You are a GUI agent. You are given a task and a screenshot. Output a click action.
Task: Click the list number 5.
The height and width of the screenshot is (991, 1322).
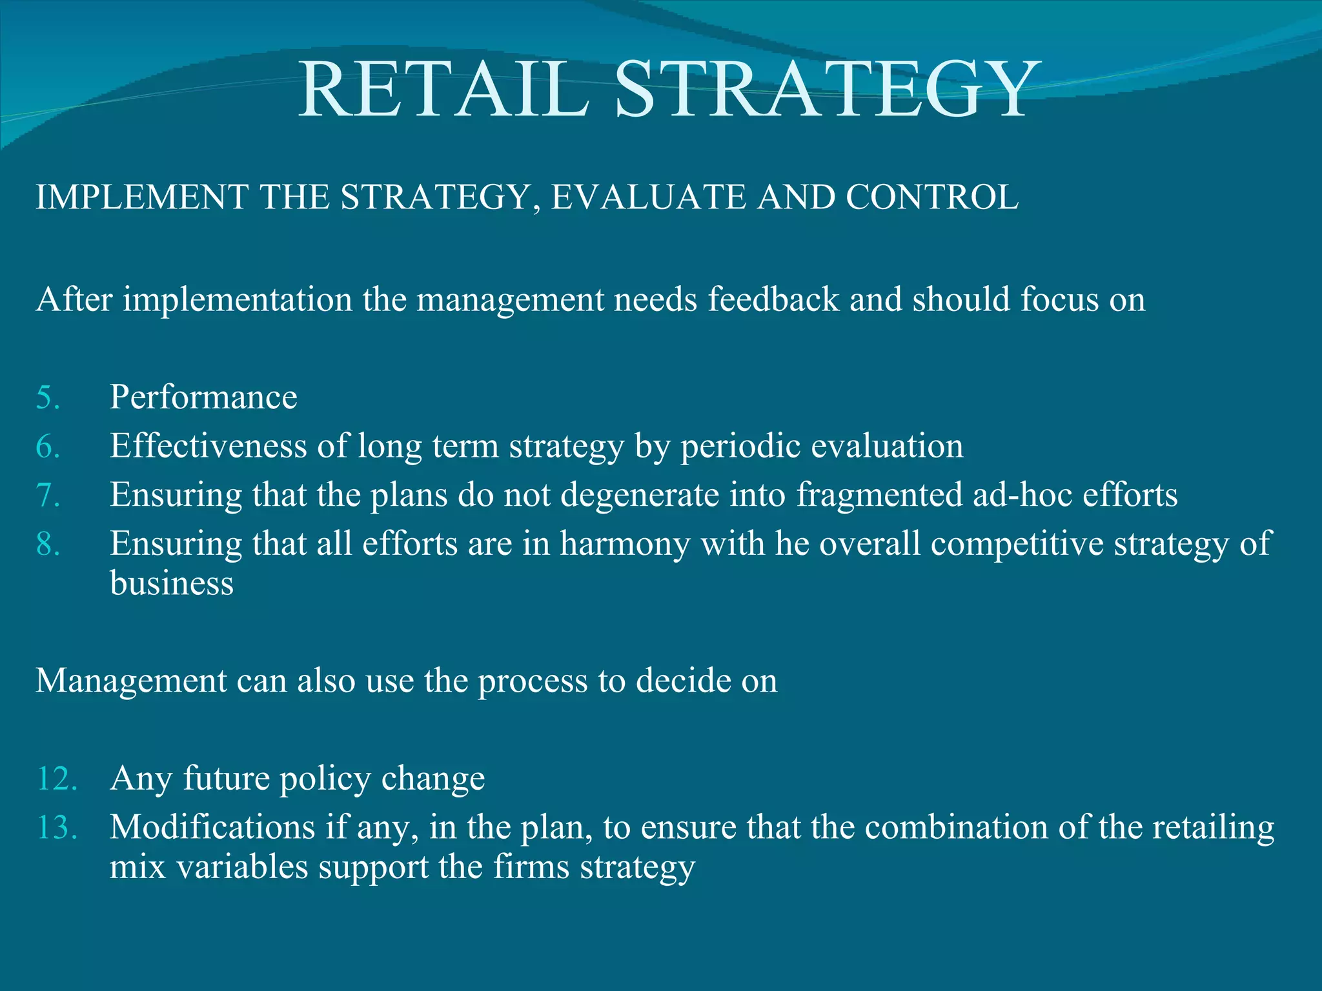tap(48, 397)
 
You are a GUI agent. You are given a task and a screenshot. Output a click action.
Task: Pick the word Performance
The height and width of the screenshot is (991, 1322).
tap(203, 397)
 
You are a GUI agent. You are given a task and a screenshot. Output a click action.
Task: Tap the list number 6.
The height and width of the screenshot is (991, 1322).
tap(48, 446)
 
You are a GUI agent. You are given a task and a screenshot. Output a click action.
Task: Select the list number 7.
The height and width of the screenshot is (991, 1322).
tap(48, 495)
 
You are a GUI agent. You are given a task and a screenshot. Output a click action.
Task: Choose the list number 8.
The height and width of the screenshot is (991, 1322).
tap(48, 545)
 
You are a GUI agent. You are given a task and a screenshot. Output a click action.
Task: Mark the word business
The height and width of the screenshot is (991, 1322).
tap(172, 584)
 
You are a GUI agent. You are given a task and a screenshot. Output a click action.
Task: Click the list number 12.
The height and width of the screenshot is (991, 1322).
tap(57, 779)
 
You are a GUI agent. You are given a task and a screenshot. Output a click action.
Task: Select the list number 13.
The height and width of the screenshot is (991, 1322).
tap(57, 828)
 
